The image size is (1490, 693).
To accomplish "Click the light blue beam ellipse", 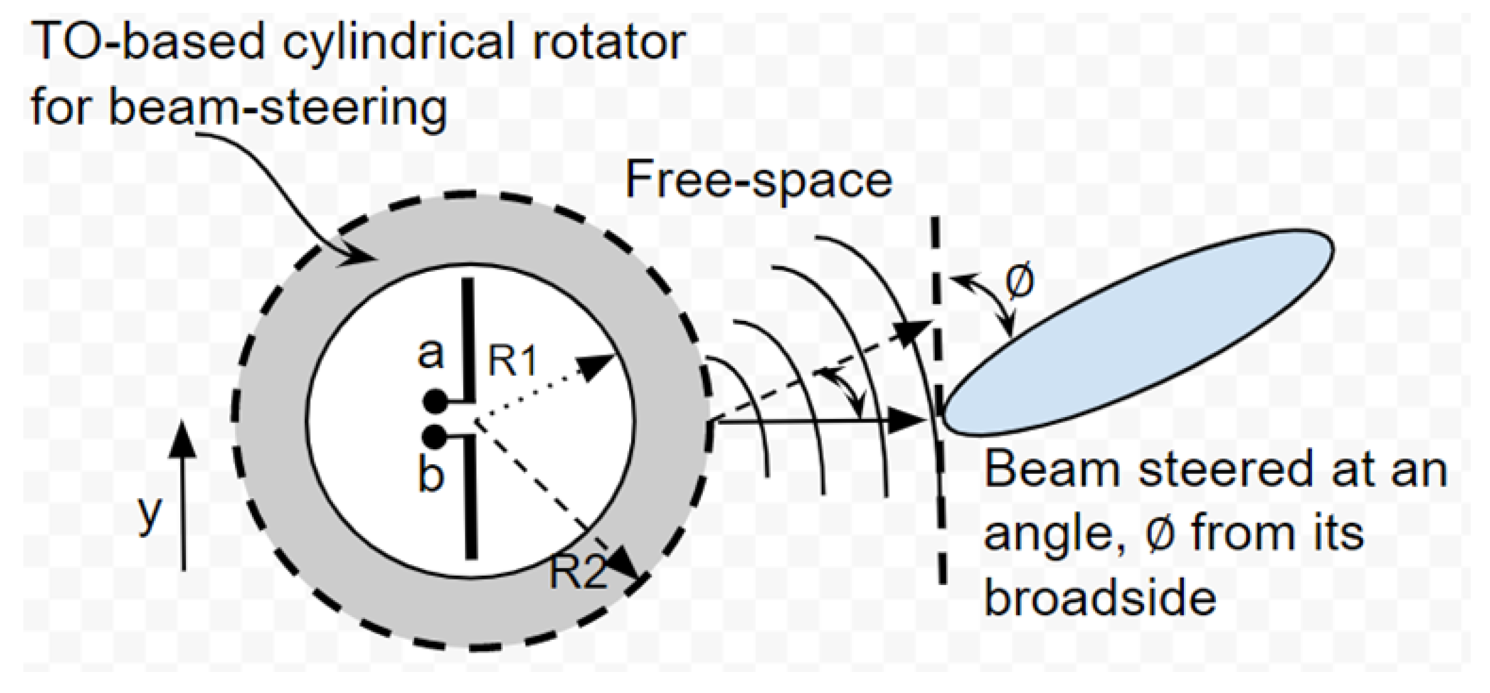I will pyautogui.click(x=1137, y=332).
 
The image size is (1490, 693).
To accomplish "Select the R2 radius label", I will pyautogui.click(x=577, y=572).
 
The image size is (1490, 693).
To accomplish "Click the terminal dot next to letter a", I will pyautogui.click(x=434, y=401).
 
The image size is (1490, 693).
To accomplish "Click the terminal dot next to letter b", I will pyautogui.click(x=434, y=436).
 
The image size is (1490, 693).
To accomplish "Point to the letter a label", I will pyautogui.click(x=431, y=353).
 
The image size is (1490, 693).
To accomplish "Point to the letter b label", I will pyautogui.click(x=431, y=475).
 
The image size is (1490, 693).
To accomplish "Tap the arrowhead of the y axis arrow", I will pyautogui.click(x=183, y=437).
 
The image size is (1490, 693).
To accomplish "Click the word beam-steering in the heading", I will pyautogui.click(x=278, y=107).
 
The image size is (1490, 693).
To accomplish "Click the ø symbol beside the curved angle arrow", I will pyautogui.click(x=1020, y=281).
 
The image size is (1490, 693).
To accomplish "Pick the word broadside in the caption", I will pyautogui.click(x=1100, y=598).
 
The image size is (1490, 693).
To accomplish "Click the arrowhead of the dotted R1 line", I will pyautogui.click(x=598, y=366).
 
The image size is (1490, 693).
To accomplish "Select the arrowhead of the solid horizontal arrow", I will pyautogui.click(x=907, y=420).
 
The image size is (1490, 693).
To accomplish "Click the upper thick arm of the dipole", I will pyautogui.click(x=468, y=338).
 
